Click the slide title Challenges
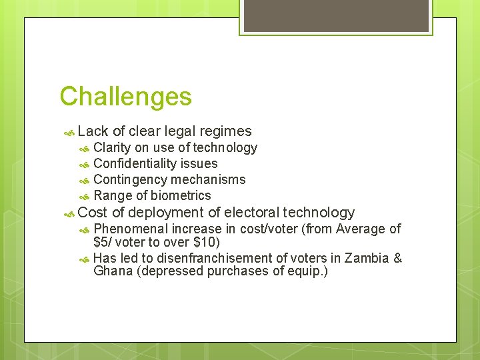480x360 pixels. point(125,97)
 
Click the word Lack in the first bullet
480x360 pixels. point(93,131)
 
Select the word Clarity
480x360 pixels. point(112,148)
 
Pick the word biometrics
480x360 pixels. point(181,195)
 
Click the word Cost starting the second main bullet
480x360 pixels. point(93,213)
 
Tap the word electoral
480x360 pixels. point(251,213)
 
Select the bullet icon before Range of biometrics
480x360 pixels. point(84,197)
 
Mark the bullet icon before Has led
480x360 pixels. point(84,259)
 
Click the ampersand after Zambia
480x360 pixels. point(397,258)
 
